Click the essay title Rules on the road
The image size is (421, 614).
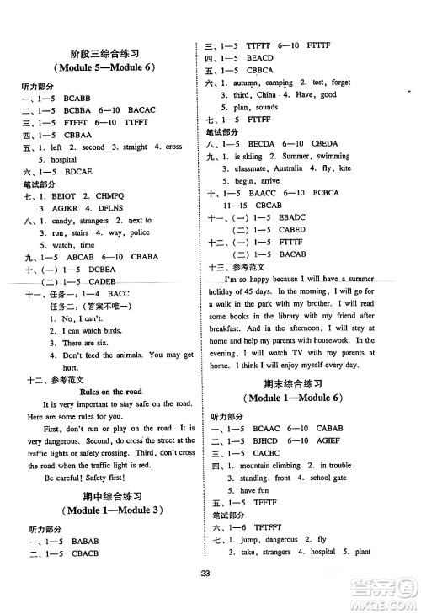coord(110,392)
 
